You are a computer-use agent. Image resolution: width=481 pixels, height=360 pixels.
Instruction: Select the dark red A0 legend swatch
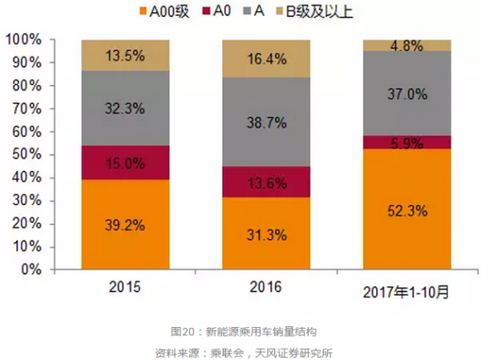pos(211,12)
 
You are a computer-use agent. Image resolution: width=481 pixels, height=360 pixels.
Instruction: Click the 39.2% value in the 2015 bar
pos(125,225)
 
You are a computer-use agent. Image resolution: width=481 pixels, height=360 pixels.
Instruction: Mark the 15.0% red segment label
pos(125,164)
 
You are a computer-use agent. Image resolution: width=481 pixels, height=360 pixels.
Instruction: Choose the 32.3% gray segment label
pos(125,107)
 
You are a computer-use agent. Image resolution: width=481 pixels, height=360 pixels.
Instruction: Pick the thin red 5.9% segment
pos(406,142)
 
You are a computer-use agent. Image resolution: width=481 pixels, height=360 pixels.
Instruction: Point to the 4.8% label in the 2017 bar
pos(406,46)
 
